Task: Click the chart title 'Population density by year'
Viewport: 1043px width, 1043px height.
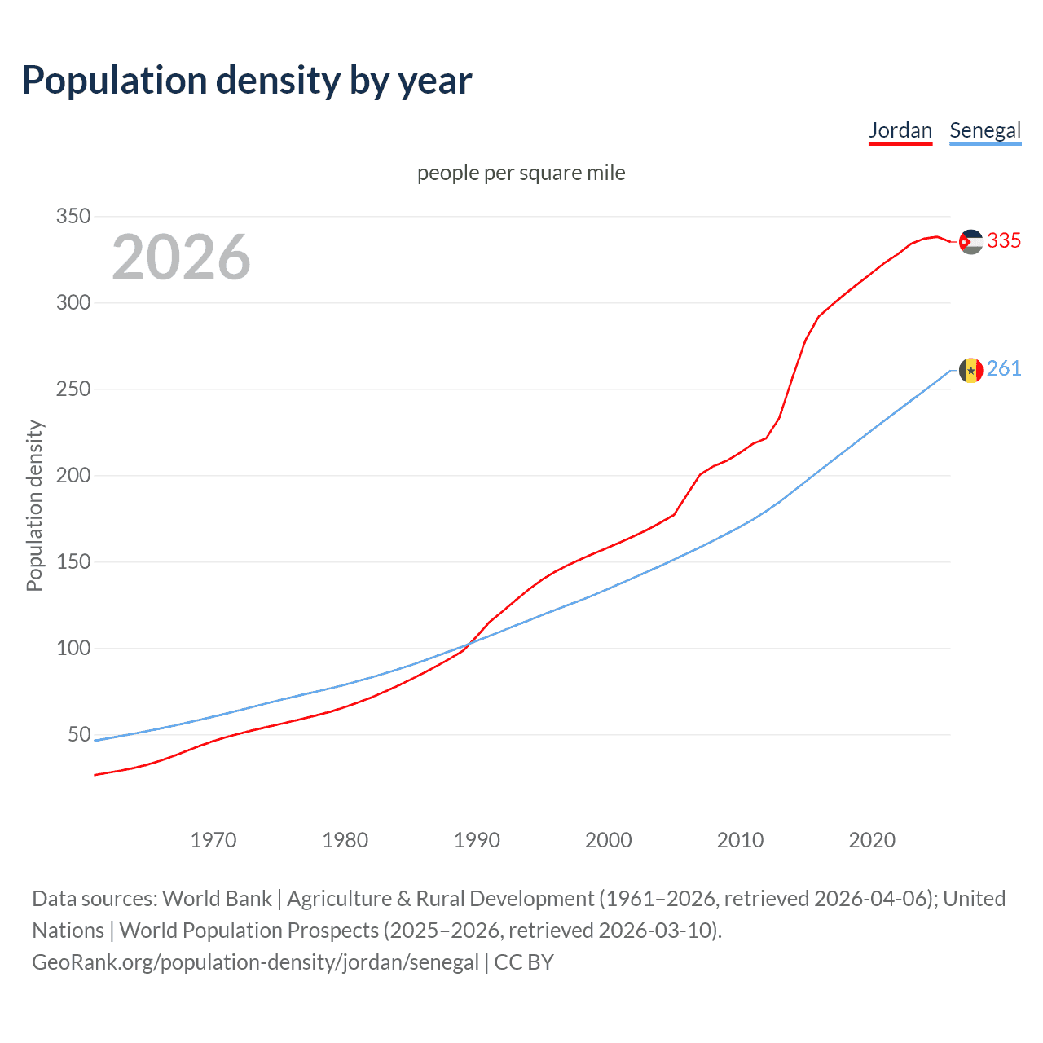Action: pyautogui.click(x=247, y=80)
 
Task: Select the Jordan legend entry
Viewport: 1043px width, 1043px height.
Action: pyautogui.click(x=900, y=130)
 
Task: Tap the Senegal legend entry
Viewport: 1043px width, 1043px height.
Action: pyautogui.click(x=985, y=130)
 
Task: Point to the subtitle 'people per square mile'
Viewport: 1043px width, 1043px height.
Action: pyautogui.click(x=521, y=173)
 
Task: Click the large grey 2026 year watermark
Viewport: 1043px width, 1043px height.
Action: pyautogui.click(x=181, y=257)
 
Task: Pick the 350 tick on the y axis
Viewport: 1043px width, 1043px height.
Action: pyautogui.click(x=73, y=217)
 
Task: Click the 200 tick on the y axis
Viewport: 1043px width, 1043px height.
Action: pyautogui.click(x=73, y=476)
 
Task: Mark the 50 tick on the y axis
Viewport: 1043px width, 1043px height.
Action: pyautogui.click(x=79, y=735)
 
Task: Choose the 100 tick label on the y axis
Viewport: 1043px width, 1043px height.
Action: pyautogui.click(x=73, y=649)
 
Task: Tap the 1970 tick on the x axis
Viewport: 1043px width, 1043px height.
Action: pyautogui.click(x=213, y=840)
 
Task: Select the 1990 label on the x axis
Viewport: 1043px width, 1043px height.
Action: pyautogui.click(x=477, y=840)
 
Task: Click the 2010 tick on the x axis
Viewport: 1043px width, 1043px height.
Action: pyautogui.click(x=740, y=840)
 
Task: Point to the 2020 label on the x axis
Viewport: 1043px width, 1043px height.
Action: pyautogui.click(x=872, y=840)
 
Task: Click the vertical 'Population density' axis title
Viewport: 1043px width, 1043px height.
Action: pyautogui.click(x=34, y=505)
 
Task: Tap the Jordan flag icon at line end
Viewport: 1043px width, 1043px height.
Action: pyautogui.click(x=970, y=241)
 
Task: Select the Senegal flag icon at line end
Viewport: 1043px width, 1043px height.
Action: pyautogui.click(x=970, y=370)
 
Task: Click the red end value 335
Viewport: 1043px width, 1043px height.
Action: pyautogui.click(x=1004, y=240)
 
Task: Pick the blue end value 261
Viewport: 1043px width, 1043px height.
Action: pyautogui.click(x=1004, y=369)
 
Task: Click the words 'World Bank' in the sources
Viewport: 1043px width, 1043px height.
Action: pyautogui.click(x=217, y=899)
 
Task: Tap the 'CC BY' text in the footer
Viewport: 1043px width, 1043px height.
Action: pyautogui.click(x=524, y=962)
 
